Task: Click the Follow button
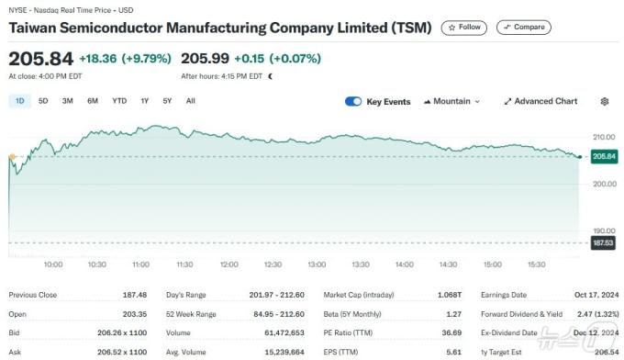click(x=463, y=28)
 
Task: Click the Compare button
click(x=523, y=28)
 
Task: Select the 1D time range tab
click(x=20, y=101)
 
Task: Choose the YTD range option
click(x=119, y=101)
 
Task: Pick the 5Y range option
click(x=166, y=101)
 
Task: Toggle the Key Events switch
click(x=353, y=102)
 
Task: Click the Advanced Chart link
click(x=540, y=102)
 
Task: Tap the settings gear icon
click(x=604, y=102)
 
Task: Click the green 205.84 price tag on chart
click(x=603, y=157)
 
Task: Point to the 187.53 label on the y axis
click(x=603, y=242)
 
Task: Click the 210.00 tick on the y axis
click(x=603, y=137)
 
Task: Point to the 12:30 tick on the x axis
click(x=273, y=264)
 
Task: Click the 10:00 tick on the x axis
click(x=53, y=264)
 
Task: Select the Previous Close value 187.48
click(x=135, y=295)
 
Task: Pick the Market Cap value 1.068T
click(x=449, y=295)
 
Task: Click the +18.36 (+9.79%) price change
click(x=125, y=59)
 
